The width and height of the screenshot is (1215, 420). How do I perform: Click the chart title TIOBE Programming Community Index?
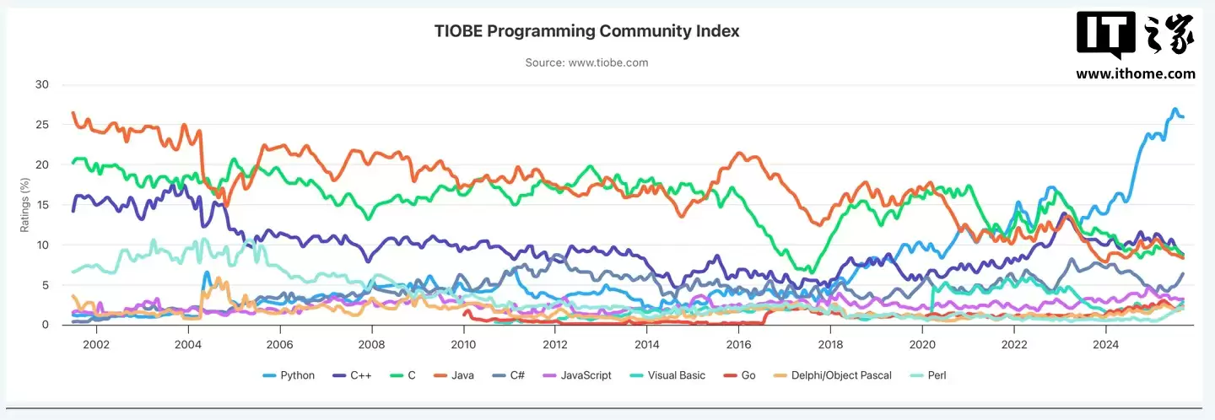coord(586,31)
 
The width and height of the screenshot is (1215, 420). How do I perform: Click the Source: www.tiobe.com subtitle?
coord(586,62)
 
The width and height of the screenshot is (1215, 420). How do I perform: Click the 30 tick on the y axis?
coord(41,84)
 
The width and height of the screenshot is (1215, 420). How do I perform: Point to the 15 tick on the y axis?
coord(41,205)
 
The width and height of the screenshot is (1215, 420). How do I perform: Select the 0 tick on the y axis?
coord(45,325)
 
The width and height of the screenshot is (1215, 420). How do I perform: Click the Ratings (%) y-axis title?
coord(24,205)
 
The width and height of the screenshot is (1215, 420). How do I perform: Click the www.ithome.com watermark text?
coord(1135,73)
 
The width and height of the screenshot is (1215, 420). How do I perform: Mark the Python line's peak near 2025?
coord(1174,110)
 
